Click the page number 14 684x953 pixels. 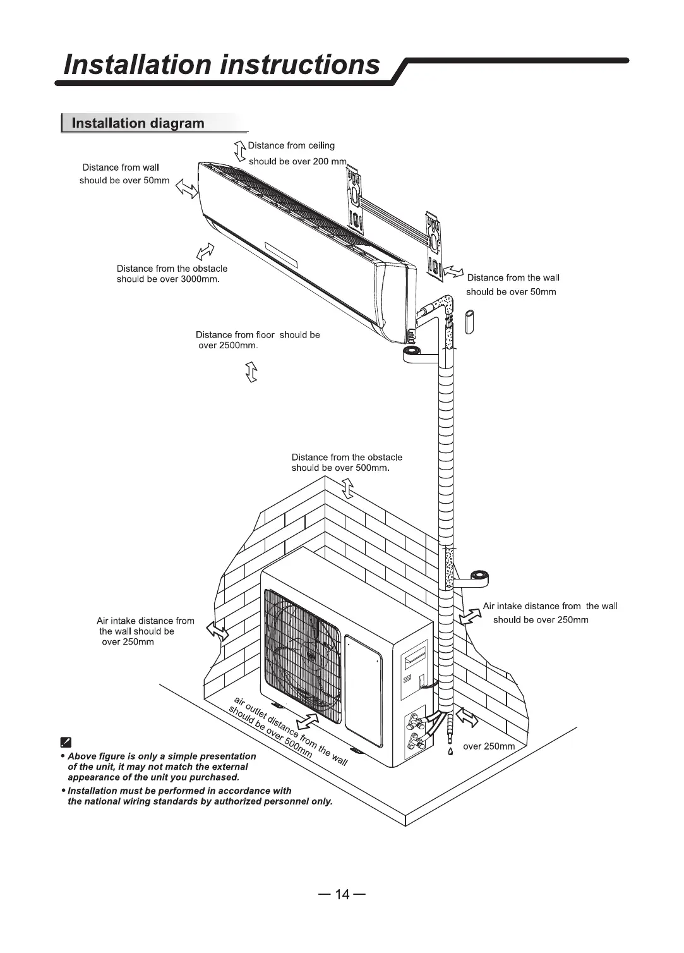click(342, 894)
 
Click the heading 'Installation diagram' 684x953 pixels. click(138, 123)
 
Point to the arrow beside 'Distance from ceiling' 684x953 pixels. click(239, 152)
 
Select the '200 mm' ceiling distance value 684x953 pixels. click(330, 162)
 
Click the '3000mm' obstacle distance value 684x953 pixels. click(199, 279)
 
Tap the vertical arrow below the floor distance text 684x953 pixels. click(251, 372)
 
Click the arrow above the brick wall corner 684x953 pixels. click(347, 488)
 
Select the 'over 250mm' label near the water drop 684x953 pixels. click(489, 746)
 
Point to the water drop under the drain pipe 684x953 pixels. click(450, 751)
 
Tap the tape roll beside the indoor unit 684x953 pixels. click(414, 353)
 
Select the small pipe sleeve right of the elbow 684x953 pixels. click(469, 321)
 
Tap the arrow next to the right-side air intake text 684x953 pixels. click(469, 616)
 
